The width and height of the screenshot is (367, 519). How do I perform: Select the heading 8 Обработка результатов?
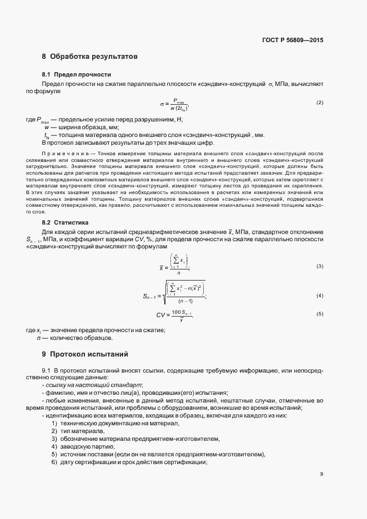89,57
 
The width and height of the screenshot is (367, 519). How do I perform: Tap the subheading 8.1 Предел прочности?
77,74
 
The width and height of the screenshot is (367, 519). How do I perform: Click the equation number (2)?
320,103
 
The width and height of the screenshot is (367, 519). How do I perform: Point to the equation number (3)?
320,267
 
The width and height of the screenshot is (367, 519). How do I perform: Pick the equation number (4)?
320,295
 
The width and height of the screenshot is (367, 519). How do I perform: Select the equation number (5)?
320,314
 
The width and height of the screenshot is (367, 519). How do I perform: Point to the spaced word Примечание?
63,152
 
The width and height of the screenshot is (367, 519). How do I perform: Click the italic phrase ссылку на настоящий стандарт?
94,385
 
